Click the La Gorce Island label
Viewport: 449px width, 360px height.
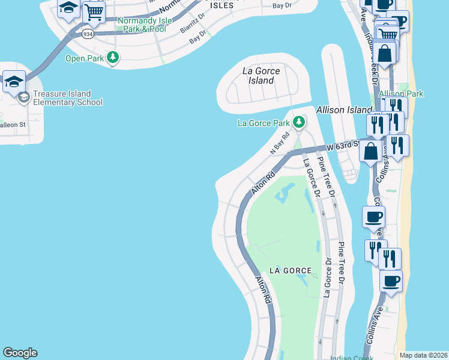tap(261, 76)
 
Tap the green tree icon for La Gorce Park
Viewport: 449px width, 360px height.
tap(299, 123)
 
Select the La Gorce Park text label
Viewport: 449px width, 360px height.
tap(264, 124)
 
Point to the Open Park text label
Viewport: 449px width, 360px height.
tap(84, 58)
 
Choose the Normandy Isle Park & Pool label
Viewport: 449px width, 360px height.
tap(142, 25)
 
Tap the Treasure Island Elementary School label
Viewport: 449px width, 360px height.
tap(68, 98)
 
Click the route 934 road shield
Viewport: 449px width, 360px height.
tap(88, 34)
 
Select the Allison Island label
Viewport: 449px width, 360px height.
tap(345, 110)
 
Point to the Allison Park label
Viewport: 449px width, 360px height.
tap(401, 94)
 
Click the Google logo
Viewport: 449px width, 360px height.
tap(20, 353)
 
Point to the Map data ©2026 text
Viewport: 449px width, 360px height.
tap(423, 355)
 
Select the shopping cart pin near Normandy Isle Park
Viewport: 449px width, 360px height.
tap(93, 11)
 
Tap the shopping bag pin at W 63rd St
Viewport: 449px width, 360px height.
tap(371, 151)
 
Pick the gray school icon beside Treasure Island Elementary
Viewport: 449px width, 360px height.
tap(24, 98)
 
